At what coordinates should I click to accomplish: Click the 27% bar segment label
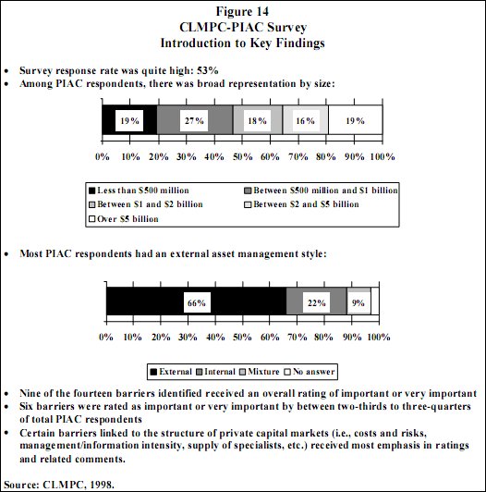click(194, 119)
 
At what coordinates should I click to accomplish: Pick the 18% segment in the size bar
click(256, 119)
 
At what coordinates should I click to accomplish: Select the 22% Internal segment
click(316, 302)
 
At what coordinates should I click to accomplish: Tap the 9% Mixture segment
click(358, 302)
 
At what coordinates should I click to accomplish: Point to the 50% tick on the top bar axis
click(242, 156)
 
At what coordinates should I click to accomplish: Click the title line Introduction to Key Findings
click(242, 43)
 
